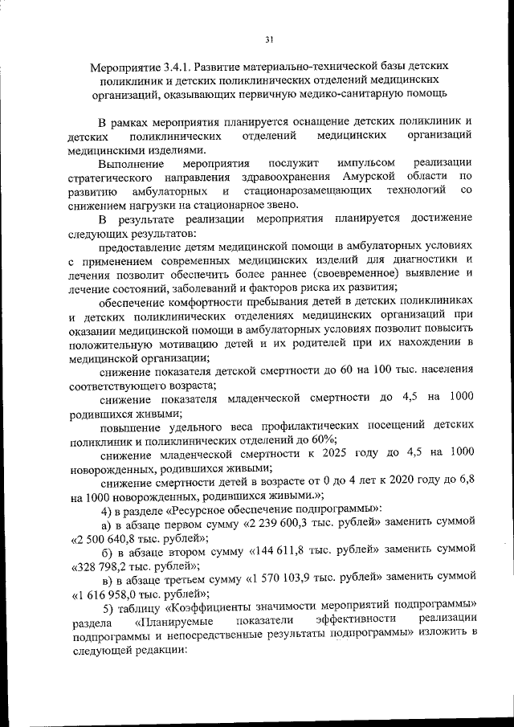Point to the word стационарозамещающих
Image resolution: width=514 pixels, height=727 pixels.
(x=312, y=190)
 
